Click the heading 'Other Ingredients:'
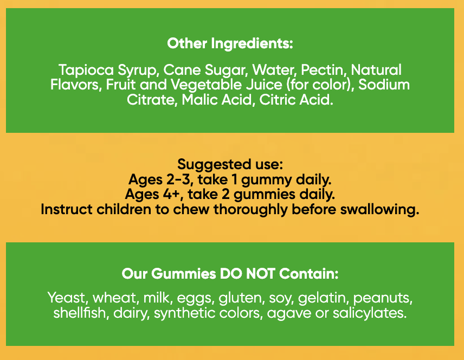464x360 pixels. click(230, 44)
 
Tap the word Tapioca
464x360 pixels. click(86, 70)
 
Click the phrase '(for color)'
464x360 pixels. click(320, 85)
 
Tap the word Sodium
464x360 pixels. click(384, 85)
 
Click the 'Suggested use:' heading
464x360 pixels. click(230, 165)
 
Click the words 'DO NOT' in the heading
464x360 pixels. click(247, 274)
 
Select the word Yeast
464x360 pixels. click(68, 298)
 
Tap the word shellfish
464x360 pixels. click(80, 313)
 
